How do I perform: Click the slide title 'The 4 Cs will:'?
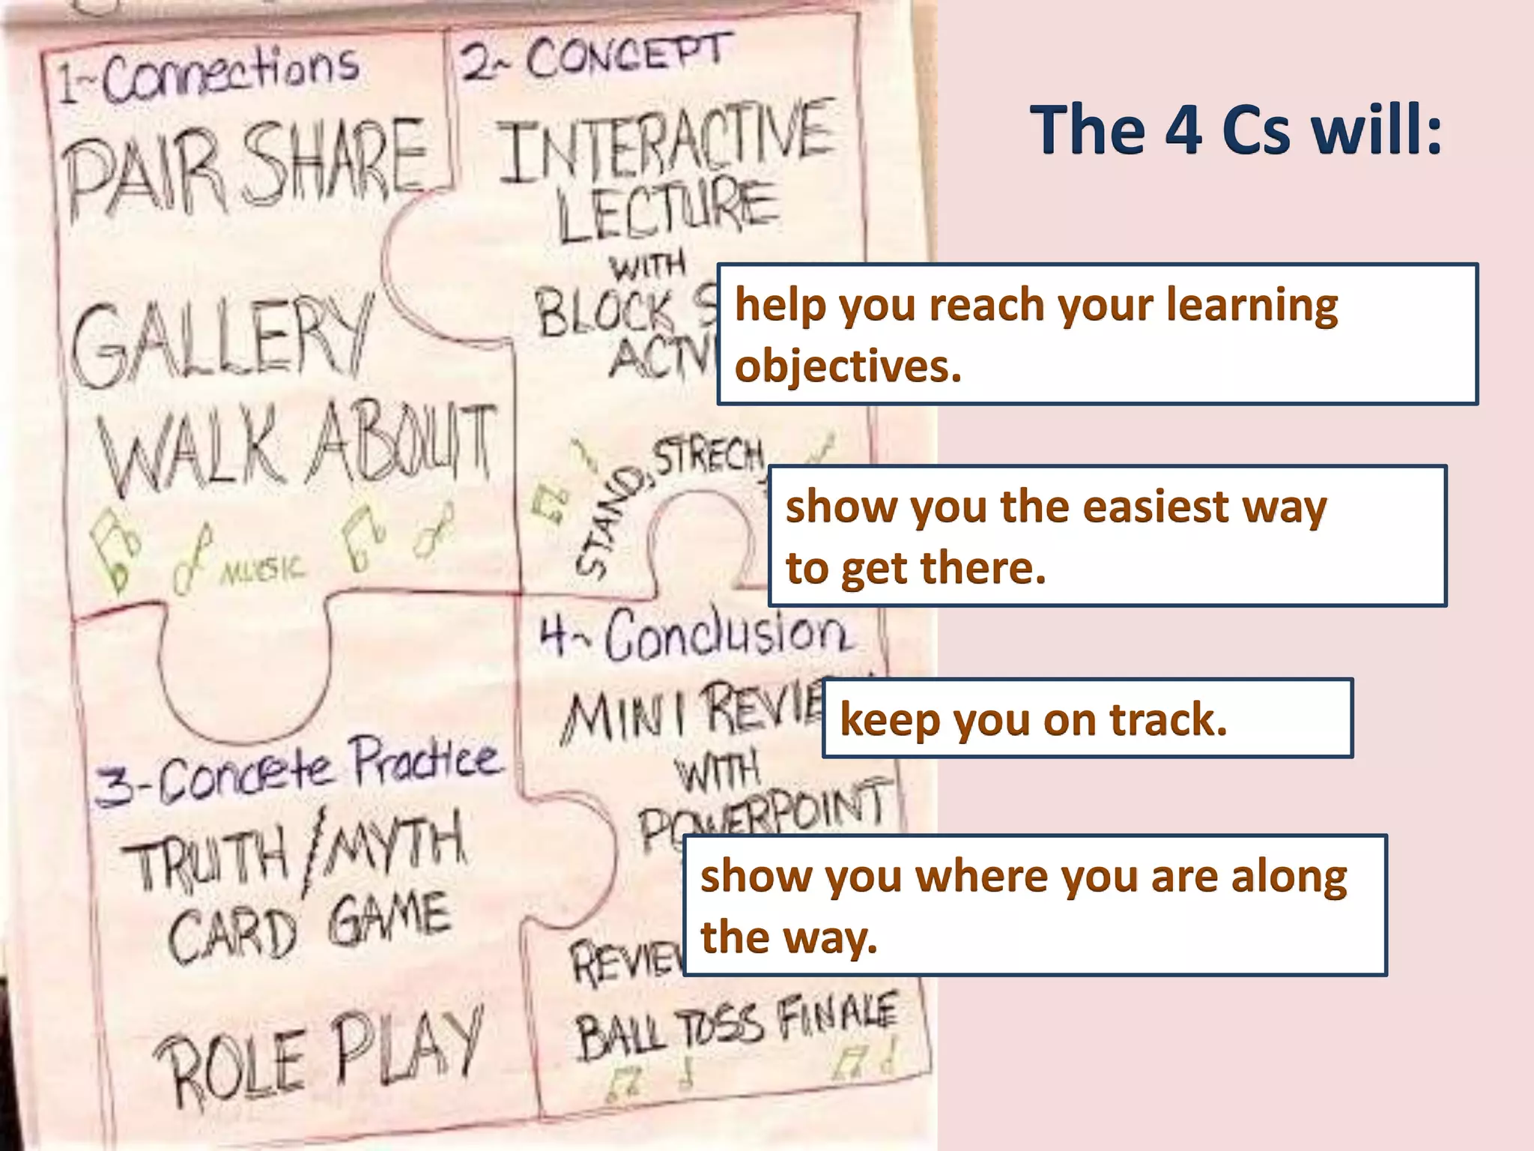click(1236, 130)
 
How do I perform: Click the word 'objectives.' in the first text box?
click(848, 366)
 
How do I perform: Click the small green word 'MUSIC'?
click(263, 570)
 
